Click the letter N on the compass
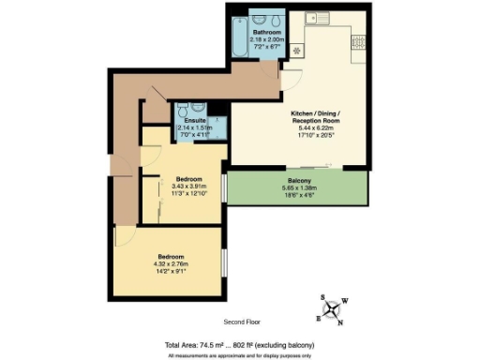[x=340, y=323]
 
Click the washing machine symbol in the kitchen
[x=297, y=50]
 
